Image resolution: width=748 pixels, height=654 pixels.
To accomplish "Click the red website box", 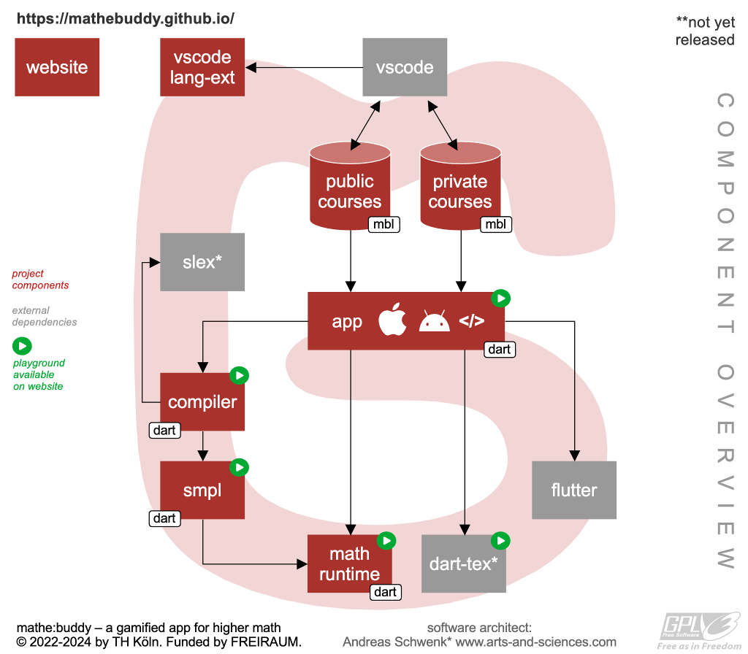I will (x=57, y=68).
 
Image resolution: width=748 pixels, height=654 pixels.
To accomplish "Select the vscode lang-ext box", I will (x=202, y=68).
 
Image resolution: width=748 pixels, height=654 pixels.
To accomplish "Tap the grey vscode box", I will (x=405, y=68).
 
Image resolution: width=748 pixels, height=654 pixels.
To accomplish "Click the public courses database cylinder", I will (x=350, y=187).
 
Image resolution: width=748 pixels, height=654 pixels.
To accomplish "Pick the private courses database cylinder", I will (x=460, y=187).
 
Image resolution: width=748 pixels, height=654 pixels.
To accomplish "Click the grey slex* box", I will (x=202, y=262).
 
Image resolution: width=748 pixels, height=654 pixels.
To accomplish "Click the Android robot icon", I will (x=434, y=322).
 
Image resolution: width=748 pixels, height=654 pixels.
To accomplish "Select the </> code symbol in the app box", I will (x=471, y=322).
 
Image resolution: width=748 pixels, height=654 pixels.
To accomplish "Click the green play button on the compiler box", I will (x=240, y=375).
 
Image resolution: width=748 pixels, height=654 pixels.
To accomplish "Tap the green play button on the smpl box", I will (x=240, y=467).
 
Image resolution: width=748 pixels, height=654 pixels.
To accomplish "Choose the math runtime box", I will (x=349, y=564).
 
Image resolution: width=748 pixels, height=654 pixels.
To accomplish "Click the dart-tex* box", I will (x=464, y=563).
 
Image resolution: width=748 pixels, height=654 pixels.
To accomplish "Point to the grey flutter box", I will (x=574, y=490).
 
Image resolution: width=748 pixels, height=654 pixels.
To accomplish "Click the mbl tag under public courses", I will (x=384, y=224).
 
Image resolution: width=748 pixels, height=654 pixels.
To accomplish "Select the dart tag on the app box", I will (x=500, y=350).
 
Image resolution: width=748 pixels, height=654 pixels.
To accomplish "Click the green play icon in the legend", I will (x=22, y=345).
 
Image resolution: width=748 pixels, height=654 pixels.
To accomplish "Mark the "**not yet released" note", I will (x=704, y=31).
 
